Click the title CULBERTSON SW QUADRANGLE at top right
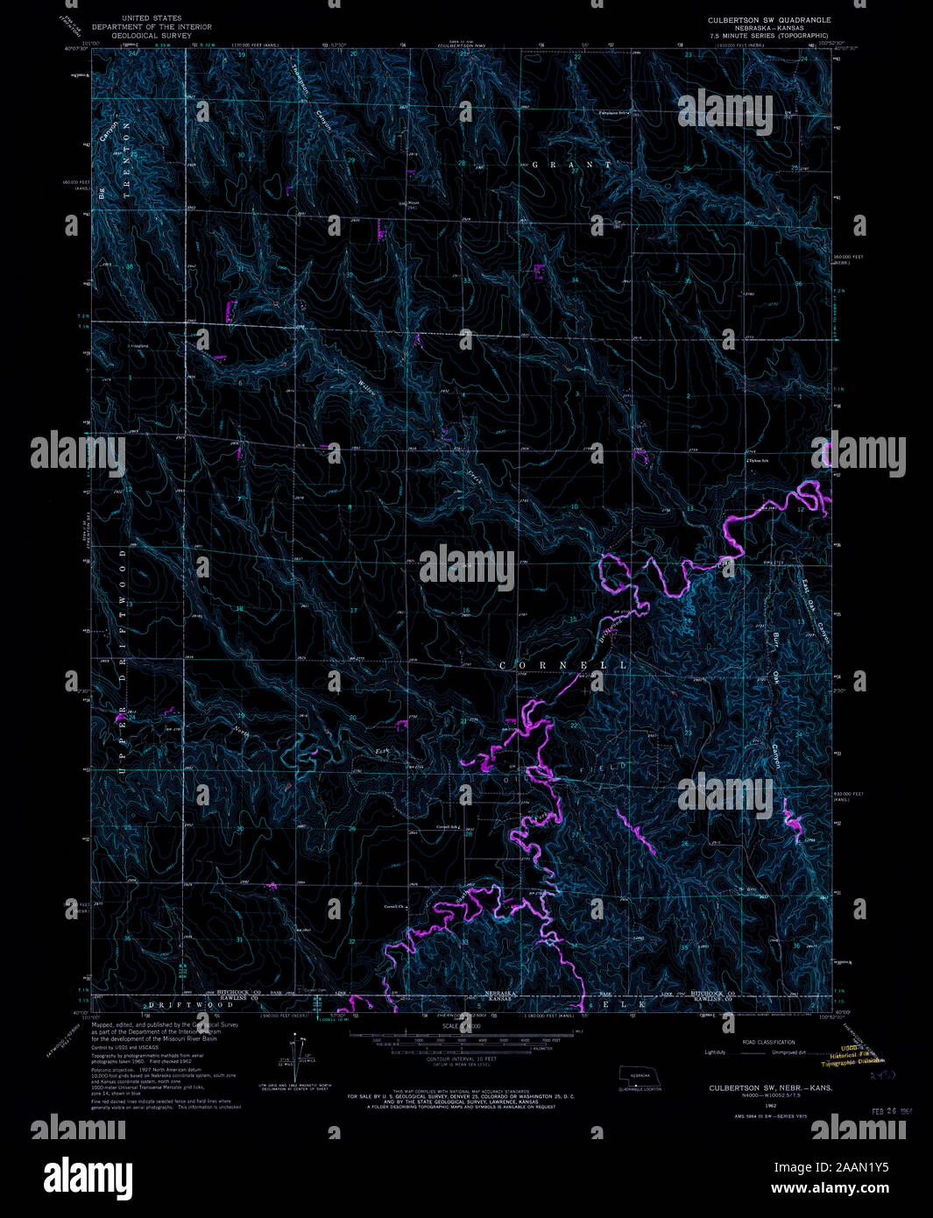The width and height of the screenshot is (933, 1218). coord(769,19)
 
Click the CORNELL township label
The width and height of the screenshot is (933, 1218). coord(563,666)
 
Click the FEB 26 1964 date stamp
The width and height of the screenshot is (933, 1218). coord(893,1110)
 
